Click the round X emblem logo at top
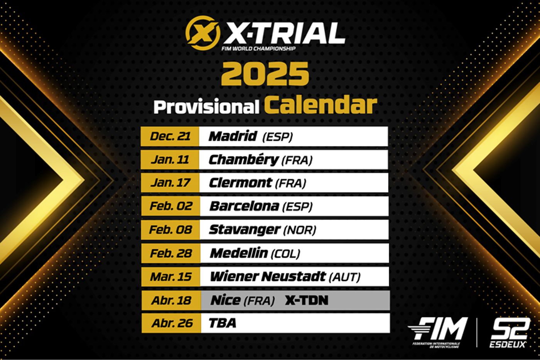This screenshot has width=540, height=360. (203, 34)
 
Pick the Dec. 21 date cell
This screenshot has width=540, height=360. (170, 136)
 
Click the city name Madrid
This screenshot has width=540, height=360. (233, 136)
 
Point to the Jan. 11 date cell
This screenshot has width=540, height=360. (170, 160)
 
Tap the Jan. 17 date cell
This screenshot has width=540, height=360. (170, 183)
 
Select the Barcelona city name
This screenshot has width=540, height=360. (244, 206)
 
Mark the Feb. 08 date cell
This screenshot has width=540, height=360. (170, 230)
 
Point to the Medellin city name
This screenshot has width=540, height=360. (239, 253)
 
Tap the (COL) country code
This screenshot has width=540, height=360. (286, 254)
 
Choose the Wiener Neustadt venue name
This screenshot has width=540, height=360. (268, 276)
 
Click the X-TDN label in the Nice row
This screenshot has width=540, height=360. (307, 300)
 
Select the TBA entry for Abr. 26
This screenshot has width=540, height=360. (222, 323)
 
